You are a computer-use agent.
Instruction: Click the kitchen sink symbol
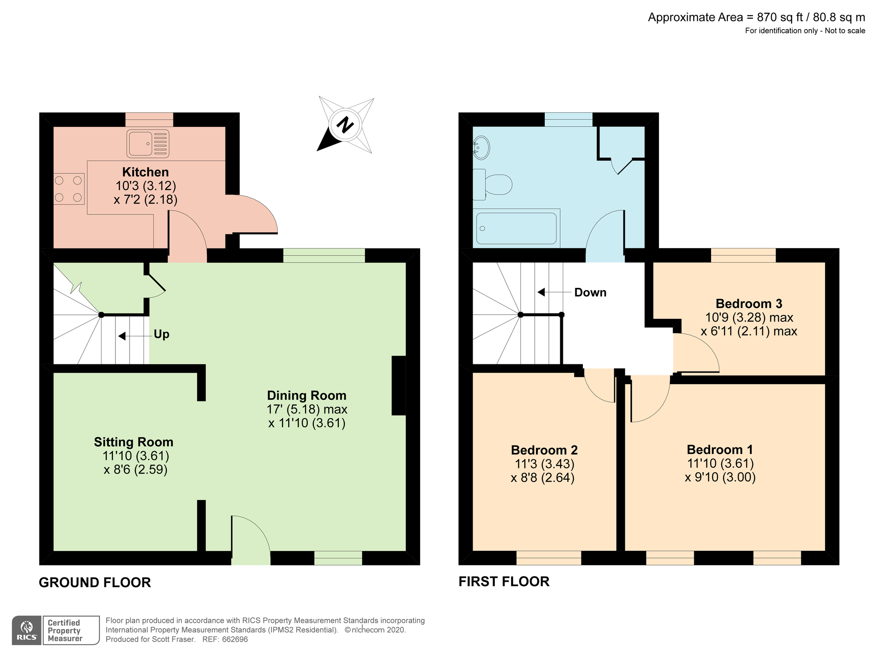point(148,144)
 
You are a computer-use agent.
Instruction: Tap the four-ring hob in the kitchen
point(69,189)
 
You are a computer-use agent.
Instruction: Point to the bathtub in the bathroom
point(516,228)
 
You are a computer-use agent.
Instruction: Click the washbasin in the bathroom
point(481,147)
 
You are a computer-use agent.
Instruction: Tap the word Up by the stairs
point(161,334)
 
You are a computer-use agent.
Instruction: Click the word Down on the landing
point(590,293)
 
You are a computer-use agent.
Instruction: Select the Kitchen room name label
point(145,172)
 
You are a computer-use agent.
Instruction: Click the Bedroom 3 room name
point(749,304)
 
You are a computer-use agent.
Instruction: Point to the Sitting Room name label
point(133,442)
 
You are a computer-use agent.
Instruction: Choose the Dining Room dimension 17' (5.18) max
point(306,409)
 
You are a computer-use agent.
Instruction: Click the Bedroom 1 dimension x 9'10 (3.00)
point(720,477)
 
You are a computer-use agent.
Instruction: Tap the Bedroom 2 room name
point(544,450)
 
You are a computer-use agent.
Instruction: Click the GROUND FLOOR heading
point(95,582)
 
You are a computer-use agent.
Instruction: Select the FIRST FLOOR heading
point(504,581)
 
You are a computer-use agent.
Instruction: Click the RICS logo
point(27,630)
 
